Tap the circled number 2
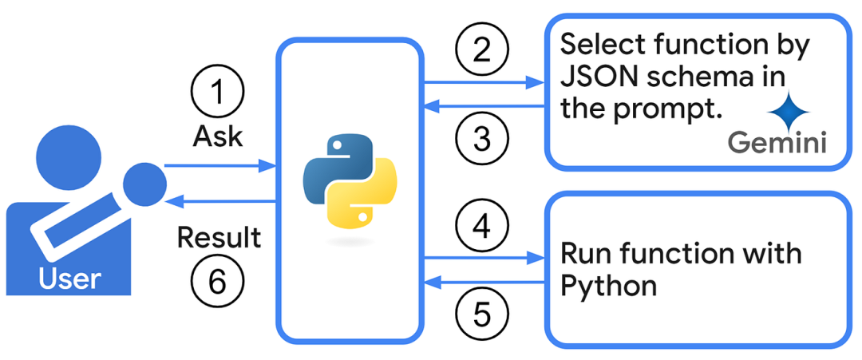click(x=481, y=49)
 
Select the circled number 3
click(x=481, y=137)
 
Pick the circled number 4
click(x=481, y=226)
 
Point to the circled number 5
click(x=481, y=313)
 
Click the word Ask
click(x=217, y=136)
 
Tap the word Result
click(x=218, y=237)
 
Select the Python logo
click(x=350, y=184)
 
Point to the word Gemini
click(x=777, y=144)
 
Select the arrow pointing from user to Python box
click(x=219, y=166)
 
